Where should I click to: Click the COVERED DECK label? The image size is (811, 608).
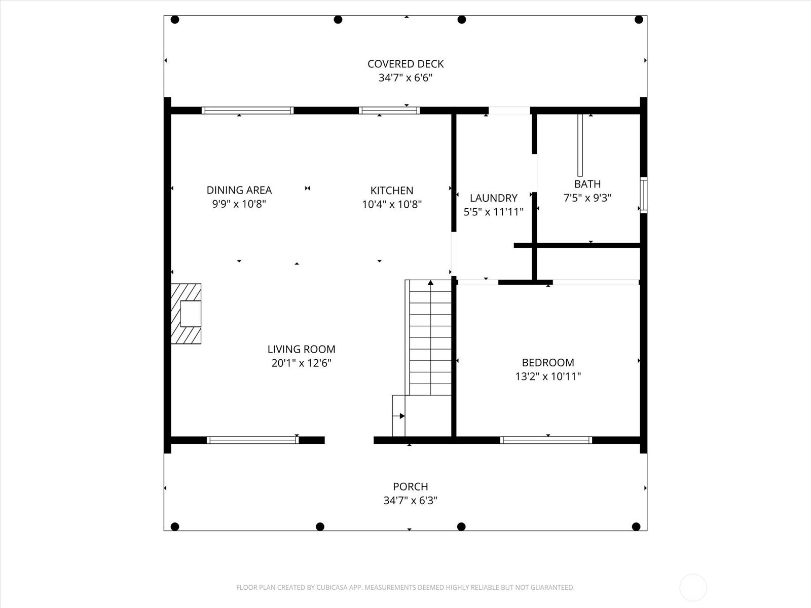click(405, 64)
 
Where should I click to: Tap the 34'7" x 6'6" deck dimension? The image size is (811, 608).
click(405, 78)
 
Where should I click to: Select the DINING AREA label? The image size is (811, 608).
click(239, 190)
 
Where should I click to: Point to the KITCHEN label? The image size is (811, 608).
click(392, 191)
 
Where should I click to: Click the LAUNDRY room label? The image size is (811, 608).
click(493, 198)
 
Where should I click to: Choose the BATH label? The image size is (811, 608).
click(587, 184)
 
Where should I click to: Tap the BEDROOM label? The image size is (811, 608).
click(548, 362)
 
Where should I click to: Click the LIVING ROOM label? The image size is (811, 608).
click(302, 349)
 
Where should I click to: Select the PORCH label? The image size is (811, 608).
click(411, 486)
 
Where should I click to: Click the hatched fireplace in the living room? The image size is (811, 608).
click(186, 314)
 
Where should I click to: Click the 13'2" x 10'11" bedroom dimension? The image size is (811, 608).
click(548, 376)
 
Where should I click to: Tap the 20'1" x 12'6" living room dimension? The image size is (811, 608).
click(302, 363)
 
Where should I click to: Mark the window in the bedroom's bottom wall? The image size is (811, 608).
click(546, 440)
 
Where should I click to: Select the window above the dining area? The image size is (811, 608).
click(247, 110)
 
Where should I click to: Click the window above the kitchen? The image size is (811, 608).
click(389, 110)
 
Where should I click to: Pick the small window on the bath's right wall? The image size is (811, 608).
click(643, 195)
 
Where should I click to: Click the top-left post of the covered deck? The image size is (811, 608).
click(175, 20)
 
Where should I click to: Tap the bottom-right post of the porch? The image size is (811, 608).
click(636, 526)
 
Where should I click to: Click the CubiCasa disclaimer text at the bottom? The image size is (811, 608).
click(405, 588)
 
